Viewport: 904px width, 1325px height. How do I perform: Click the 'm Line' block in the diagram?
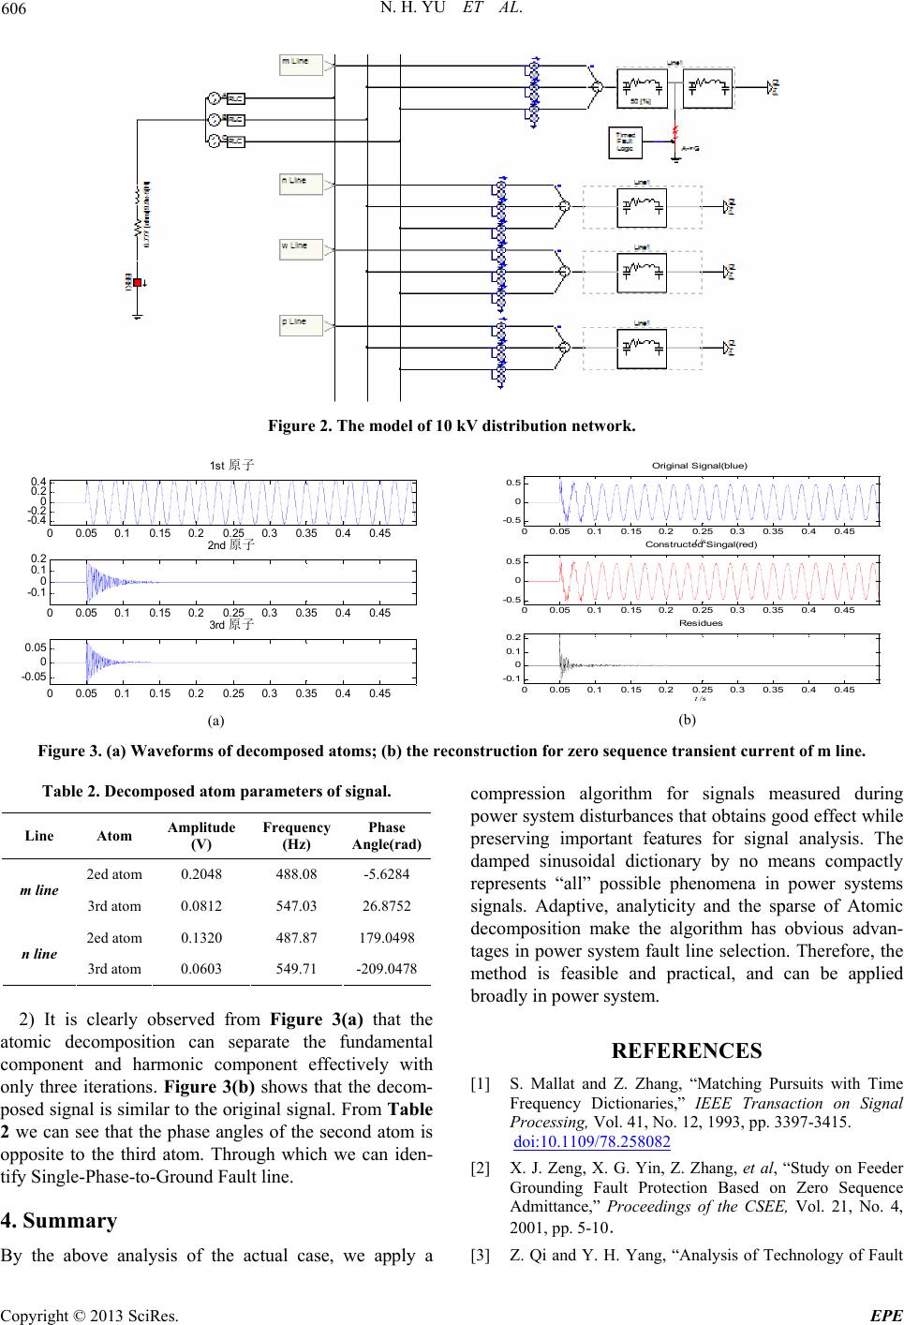pyautogui.click(x=301, y=63)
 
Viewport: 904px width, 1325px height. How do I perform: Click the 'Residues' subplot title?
pyautogui.click(x=694, y=622)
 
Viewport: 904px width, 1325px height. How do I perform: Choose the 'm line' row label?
pyautogui.click(x=40, y=890)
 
